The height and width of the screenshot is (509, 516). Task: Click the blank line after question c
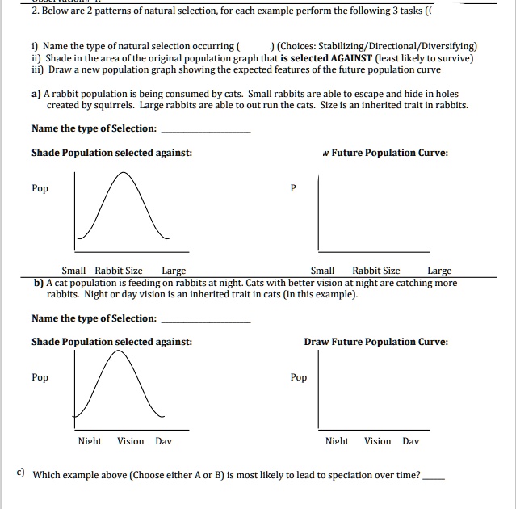coord(433,478)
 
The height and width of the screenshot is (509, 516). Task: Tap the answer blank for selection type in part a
coord(206,131)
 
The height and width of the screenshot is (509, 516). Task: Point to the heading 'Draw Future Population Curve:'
coord(375,342)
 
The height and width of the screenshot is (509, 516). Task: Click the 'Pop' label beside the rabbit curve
coord(40,188)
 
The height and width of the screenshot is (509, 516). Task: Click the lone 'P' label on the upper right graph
coord(293,188)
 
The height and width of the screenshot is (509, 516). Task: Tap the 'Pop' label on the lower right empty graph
coord(298,377)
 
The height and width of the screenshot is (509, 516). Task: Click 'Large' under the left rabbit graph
coord(174,271)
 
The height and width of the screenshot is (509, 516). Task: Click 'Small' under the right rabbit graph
coord(322,271)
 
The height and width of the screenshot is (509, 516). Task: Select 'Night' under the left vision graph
coord(90,441)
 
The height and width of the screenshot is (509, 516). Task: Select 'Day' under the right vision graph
coord(410,441)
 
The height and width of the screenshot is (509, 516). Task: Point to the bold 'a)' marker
coord(36,94)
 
